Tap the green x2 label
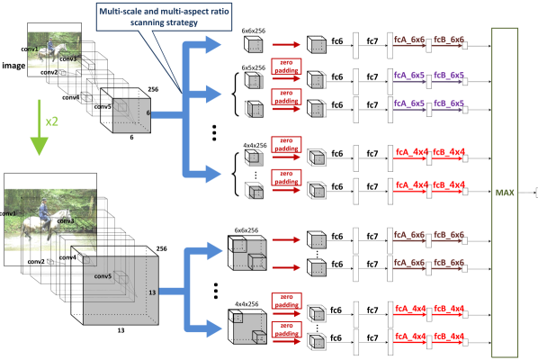[51, 121]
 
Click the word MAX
[504, 192]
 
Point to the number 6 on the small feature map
[148, 113]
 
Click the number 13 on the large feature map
[151, 292]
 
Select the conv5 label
[103, 276]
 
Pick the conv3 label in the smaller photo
[68, 58]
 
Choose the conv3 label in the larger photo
[66, 220]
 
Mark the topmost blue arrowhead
[212, 45]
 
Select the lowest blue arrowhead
[212, 328]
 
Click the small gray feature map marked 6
[130, 115]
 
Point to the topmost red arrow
[285, 44]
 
